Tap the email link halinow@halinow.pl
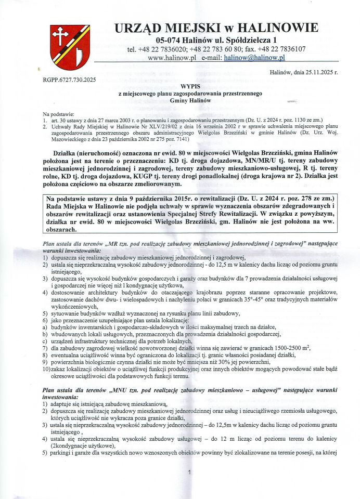click(x=254, y=58)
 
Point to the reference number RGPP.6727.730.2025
click(x=66, y=80)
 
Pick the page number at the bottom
click(x=189, y=472)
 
